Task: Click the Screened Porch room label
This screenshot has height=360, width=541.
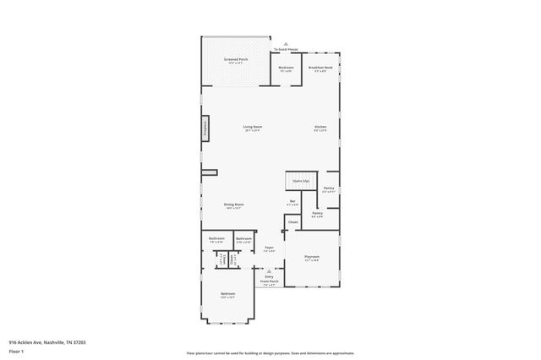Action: point(236,61)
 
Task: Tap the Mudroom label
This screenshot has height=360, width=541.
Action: point(287,68)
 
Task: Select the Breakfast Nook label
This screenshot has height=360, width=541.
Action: point(320,68)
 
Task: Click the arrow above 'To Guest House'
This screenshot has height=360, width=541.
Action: point(287,44)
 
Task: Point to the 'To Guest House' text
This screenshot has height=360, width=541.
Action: point(287,50)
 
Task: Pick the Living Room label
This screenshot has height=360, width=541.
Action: point(252,128)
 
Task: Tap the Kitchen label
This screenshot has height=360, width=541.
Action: point(320,128)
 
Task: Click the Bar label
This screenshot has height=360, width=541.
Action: point(292,202)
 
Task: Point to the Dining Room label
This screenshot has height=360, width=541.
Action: point(234,205)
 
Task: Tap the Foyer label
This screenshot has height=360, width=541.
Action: point(269,248)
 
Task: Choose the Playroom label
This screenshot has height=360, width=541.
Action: point(312,258)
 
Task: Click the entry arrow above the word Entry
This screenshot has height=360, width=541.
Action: point(269,270)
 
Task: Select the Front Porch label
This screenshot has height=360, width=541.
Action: point(269,281)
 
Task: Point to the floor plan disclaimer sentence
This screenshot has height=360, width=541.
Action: point(270,353)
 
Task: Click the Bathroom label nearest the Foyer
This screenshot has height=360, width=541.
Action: point(244,239)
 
